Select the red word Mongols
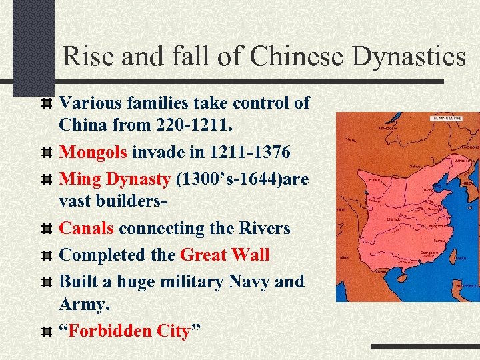tap(93, 153)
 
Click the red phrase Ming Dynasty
tap(114, 179)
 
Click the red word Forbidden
tap(109, 331)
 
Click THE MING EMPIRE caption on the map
tap(448, 117)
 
